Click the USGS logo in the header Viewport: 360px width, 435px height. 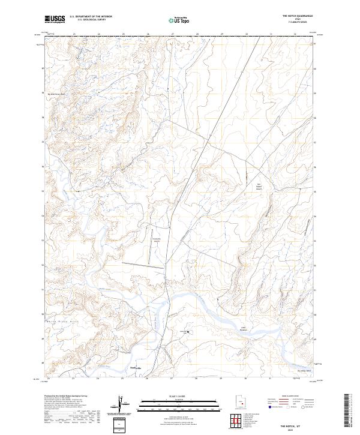tap(55, 19)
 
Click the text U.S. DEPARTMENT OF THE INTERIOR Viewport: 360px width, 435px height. tap(90, 17)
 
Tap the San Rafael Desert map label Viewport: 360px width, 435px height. tap(260, 187)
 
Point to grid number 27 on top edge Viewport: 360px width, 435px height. tap(172, 35)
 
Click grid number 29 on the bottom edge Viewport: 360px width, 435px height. tap(221, 379)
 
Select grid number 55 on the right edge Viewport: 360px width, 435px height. tap(314, 167)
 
